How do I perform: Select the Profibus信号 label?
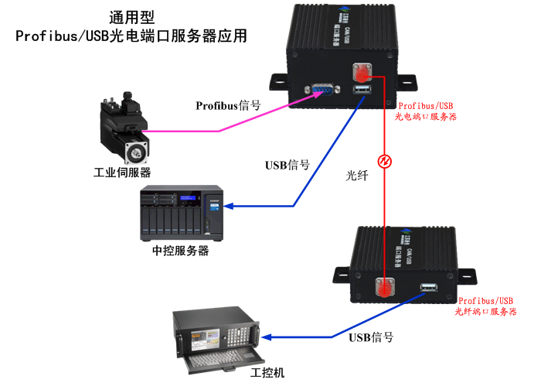pyautogui.click(x=228, y=105)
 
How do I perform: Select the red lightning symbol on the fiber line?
pyautogui.click(x=383, y=161)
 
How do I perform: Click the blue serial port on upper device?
pyautogui.click(x=318, y=92)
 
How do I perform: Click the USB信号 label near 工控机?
pyautogui.click(x=371, y=337)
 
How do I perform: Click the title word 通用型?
pyautogui.click(x=132, y=15)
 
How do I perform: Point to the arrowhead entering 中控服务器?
pyautogui.click(x=235, y=207)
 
